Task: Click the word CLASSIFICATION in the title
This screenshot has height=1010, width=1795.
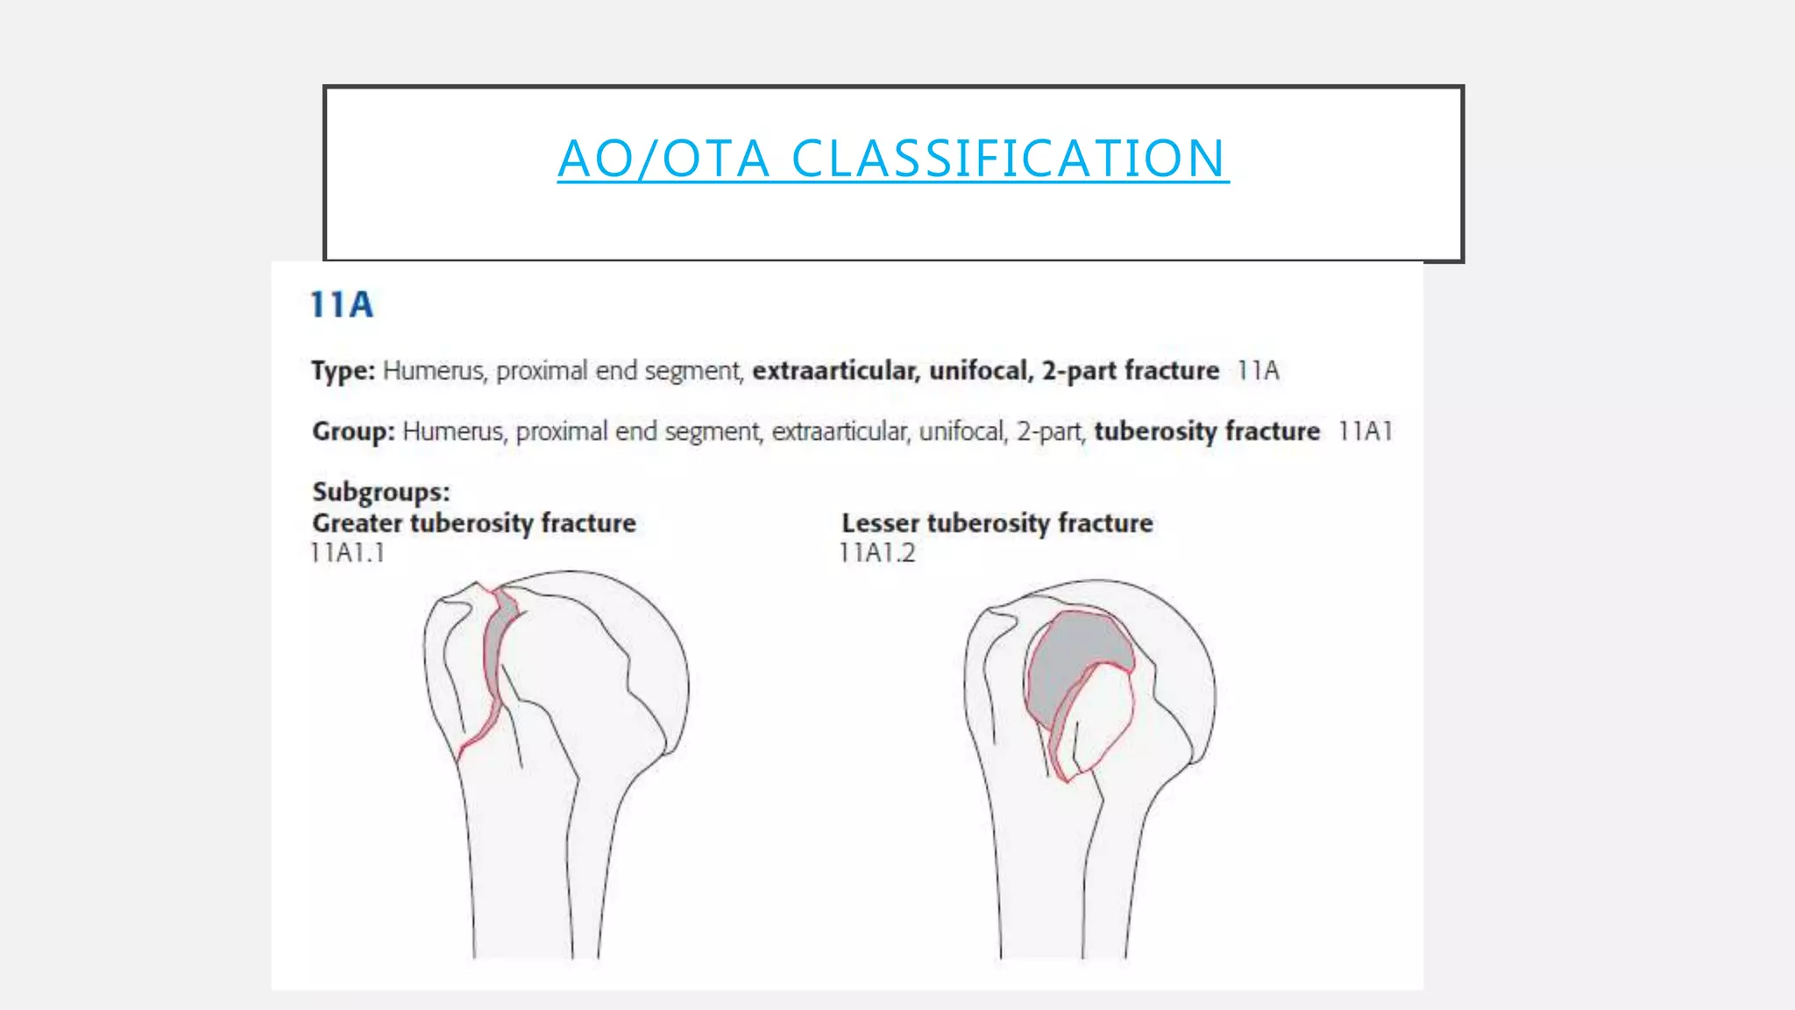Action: [x=1008, y=159]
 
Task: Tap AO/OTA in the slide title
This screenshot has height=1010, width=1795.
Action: [x=663, y=159]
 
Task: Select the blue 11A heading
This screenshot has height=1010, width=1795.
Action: [x=342, y=305]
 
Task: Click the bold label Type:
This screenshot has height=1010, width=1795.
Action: [x=343, y=371]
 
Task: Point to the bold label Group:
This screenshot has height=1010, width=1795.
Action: [x=353, y=431]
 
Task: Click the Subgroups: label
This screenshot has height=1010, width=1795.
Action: [x=381, y=492]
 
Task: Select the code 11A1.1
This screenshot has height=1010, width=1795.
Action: [x=348, y=553]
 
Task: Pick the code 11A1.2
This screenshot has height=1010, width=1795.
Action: [x=876, y=553]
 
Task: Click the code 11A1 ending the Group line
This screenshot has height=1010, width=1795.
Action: [x=1365, y=431]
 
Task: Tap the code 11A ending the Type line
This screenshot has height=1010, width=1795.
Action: [x=1258, y=371]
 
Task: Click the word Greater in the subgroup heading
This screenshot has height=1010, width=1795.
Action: [x=358, y=523]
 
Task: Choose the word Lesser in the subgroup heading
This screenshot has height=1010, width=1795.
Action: [x=880, y=523]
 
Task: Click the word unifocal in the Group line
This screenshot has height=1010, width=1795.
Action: [x=961, y=431]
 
